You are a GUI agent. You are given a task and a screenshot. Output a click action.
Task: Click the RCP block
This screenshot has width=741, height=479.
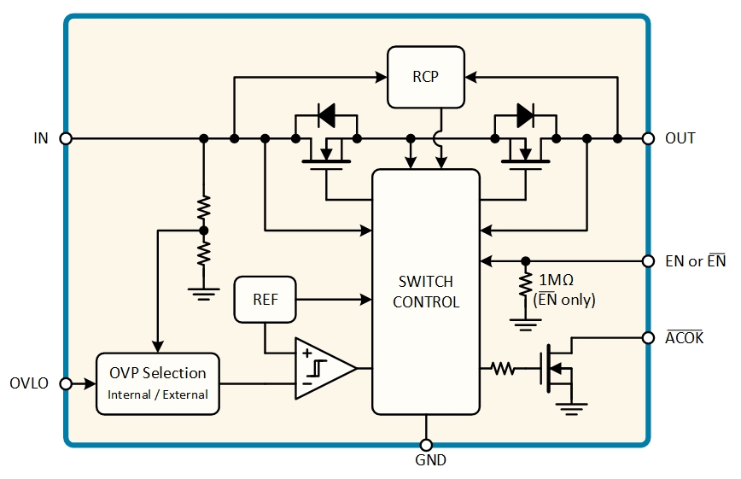[426, 77]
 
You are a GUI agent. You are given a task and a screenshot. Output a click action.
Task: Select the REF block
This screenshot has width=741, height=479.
[265, 300]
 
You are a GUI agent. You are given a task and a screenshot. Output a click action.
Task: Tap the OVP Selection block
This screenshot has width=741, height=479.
[158, 383]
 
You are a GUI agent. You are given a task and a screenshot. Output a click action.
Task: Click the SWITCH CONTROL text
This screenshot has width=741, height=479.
[426, 292]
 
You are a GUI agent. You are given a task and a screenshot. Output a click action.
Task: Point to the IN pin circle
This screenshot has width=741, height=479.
[67, 138]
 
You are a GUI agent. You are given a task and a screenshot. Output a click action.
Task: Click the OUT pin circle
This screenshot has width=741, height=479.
[649, 138]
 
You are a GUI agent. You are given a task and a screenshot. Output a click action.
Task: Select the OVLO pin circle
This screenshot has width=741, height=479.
[67, 383]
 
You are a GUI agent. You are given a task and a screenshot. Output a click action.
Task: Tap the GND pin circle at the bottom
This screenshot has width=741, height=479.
[426, 445]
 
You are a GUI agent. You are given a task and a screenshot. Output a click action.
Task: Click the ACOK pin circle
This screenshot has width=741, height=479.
[649, 337]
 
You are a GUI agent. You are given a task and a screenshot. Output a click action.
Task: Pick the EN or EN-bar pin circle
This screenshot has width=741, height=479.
[649, 261]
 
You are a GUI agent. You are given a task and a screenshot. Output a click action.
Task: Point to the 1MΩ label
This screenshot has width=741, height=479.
[557, 280]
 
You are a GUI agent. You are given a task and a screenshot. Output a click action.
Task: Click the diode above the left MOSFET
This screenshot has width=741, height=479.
[327, 115]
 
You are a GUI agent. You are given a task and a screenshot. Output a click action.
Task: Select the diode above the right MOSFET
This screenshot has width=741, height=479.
[526, 115]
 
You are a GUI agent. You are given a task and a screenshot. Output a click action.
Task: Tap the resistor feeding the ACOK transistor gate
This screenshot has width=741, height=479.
[503, 368]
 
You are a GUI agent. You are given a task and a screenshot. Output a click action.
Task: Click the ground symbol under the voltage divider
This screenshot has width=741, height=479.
[204, 294]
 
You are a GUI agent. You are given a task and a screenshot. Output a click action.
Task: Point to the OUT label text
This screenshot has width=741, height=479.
[680, 138]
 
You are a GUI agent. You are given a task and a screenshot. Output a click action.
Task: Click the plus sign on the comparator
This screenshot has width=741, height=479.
[307, 353]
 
